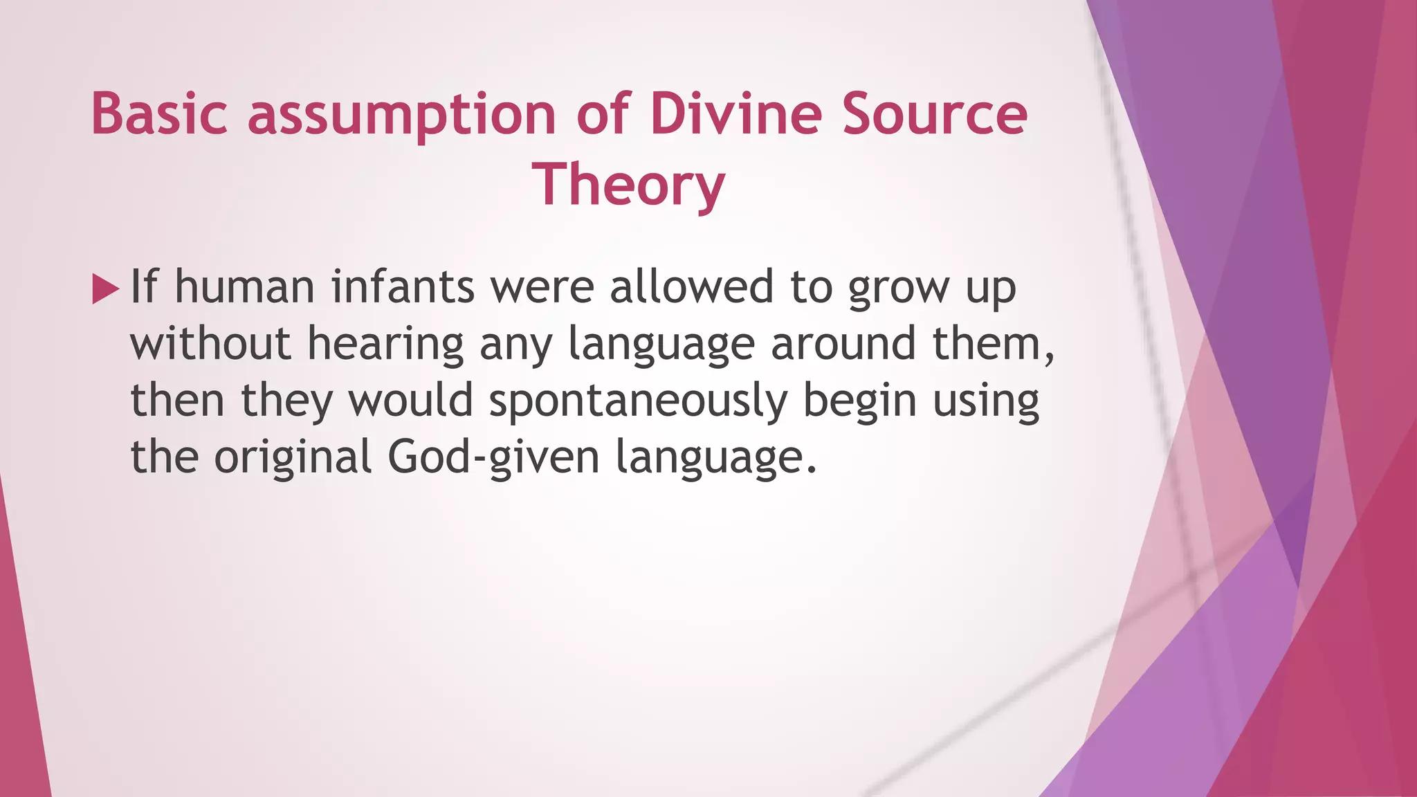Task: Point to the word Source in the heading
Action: click(x=935, y=113)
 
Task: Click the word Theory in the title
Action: click(x=628, y=185)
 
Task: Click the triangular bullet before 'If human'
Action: click(x=105, y=288)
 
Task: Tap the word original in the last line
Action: click(x=293, y=459)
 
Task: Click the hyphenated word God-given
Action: click(x=493, y=459)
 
